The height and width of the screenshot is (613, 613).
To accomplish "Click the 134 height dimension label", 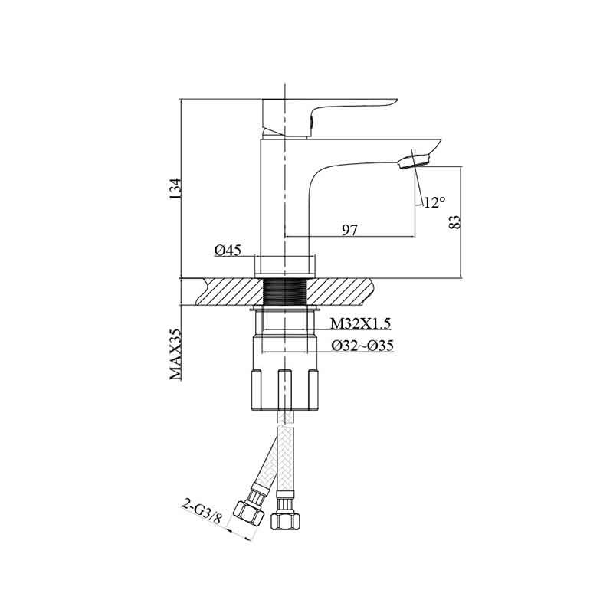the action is click(x=175, y=189).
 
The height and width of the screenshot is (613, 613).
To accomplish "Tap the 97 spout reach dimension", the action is click(x=350, y=231).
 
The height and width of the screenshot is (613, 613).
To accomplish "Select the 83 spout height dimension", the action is click(x=455, y=221).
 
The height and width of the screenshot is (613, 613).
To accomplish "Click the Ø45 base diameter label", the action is click(x=228, y=251).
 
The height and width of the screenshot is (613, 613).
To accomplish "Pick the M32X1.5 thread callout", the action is click(x=360, y=323).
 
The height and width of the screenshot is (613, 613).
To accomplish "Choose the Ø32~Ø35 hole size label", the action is click(x=362, y=346).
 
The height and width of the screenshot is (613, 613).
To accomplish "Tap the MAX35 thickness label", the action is click(x=175, y=354).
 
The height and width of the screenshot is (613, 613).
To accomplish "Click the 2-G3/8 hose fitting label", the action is click(x=202, y=511).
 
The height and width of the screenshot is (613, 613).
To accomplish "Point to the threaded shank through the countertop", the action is click(x=284, y=292).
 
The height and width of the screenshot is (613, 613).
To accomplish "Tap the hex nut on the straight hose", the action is click(x=286, y=521).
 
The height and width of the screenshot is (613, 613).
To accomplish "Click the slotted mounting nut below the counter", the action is click(x=284, y=390).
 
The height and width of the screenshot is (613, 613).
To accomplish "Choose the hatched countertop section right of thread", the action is click(x=339, y=292).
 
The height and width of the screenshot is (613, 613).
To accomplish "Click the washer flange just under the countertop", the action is click(x=284, y=310).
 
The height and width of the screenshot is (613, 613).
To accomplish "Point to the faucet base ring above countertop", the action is click(x=284, y=267).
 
